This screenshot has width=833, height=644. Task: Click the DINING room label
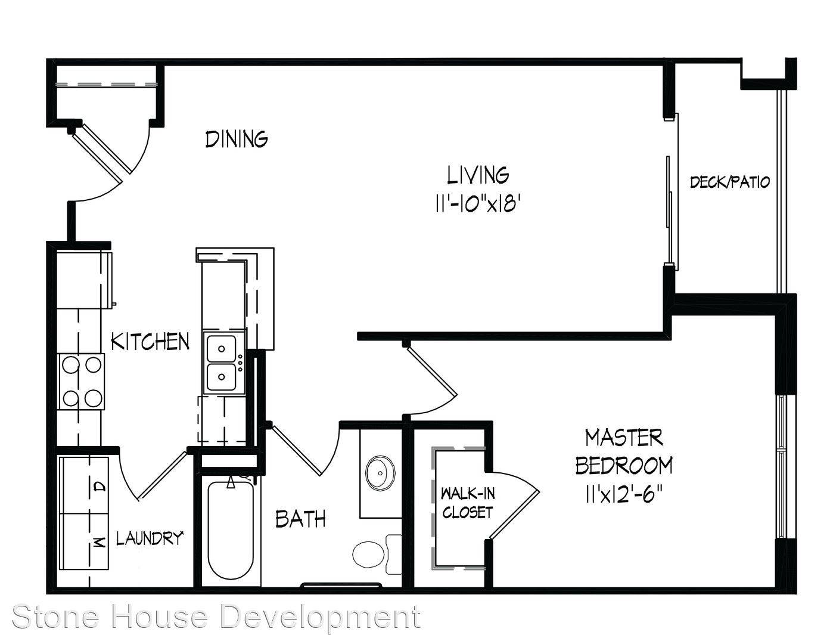click(x=237, y=139)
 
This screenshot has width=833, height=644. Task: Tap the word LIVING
click(x=478, y=175)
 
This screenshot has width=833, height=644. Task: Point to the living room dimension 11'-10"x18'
click(x=478, y=204)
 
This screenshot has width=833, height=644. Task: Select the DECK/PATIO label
click(x=730, y=182)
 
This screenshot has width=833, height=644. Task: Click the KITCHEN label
click(x=150, y=341)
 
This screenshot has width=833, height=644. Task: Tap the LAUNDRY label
click(x=150, y=538)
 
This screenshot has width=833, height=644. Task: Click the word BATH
click(x=300, y=519)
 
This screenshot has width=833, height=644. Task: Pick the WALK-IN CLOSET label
click(x=467, y=503)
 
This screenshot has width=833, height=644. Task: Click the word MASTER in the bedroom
click(x=624, y=438)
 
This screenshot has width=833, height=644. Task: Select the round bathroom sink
click(x=380, y=473)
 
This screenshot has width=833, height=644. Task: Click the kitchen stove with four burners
click(x=81, y=382)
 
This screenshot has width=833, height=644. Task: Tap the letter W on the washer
click(x=100, y=543)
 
